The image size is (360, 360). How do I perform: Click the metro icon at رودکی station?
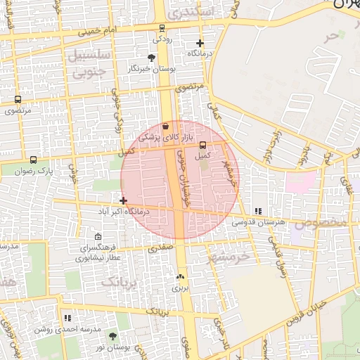[x=162, y=28]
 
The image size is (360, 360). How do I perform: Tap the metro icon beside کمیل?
[x=203, y=145]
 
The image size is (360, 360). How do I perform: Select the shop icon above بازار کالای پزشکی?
[x=165, y=127]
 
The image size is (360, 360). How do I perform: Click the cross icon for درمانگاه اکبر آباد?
[x=124, y=201]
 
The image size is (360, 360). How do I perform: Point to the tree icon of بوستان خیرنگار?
[x=152, y=58]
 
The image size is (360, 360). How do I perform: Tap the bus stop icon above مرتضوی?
[x=17, y=100]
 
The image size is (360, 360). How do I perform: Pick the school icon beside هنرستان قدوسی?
[x=258, y=211]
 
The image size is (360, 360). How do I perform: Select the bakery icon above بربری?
[x=181, y=277]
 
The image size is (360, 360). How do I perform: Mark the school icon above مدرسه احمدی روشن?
[x=67, y=318]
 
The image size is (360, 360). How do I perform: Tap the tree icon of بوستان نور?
[x=112, y=337]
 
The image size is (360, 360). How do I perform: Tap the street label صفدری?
[x=160, y=247]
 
